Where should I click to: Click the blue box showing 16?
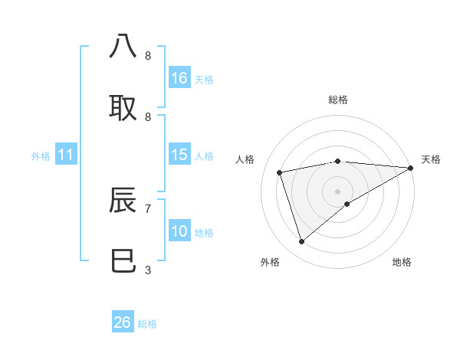tap(179, 78)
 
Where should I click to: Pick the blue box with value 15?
tap(179, 155)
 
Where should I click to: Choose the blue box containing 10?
tap(179, 231)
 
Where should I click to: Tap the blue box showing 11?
tap(66, 155)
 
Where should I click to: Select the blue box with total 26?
tap(123, 322)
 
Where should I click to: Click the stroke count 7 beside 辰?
tap(148, 208)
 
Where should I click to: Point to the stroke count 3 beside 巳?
tap(148, 270)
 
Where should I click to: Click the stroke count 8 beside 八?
tap(148, 56)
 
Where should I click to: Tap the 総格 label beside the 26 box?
tap(148, 324)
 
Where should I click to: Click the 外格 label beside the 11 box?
tap(41, 156)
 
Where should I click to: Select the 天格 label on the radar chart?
tap(431, 159)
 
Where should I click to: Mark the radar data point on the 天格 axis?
tap(410, 168)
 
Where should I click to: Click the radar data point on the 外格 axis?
tap(302, 242)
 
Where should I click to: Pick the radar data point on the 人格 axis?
tap(280, 172)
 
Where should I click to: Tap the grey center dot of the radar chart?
tap(337, 191)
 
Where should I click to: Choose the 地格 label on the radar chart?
tap(402, 262)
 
